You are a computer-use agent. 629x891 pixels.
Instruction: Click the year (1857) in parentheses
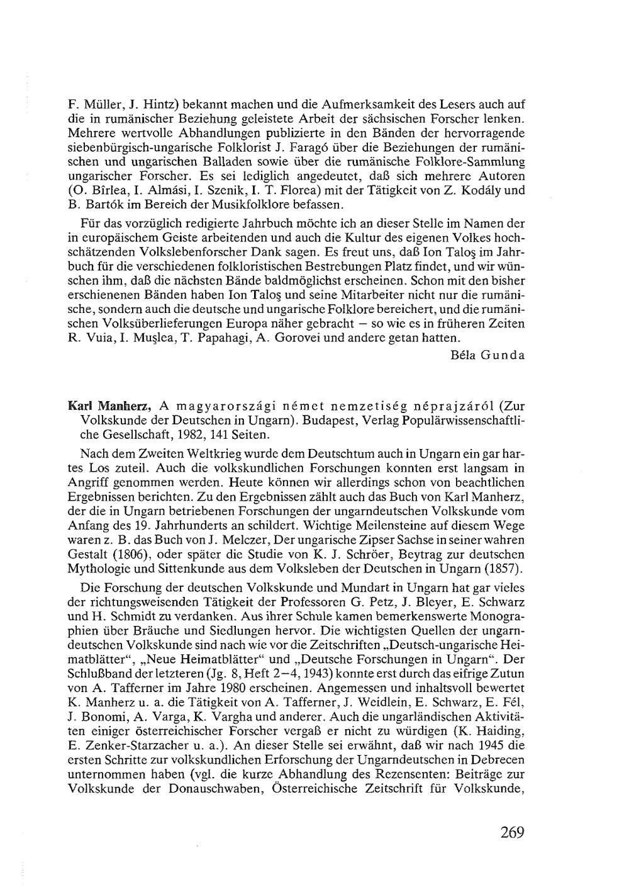click(x=504, y=569)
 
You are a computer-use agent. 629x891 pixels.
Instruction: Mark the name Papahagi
click(x=219, y=338)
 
